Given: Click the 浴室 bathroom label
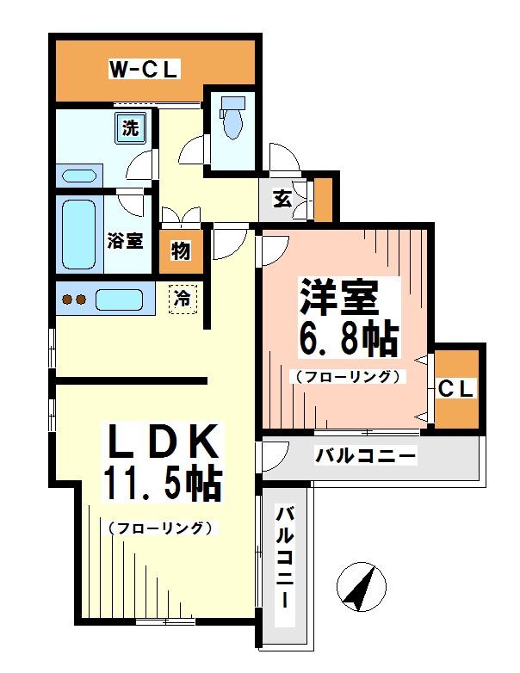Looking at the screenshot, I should tap(125, 240).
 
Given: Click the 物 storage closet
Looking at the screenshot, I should tap(181, 252).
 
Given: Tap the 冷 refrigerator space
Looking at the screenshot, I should tap(182, 299).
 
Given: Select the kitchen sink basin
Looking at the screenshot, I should tap(119, 300).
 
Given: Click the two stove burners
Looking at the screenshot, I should tap(71, 300).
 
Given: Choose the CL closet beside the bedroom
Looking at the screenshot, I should tap(456, 388).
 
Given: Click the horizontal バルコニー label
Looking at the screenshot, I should tap(365, 455).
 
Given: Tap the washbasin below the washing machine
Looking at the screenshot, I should tap(78, 176).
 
